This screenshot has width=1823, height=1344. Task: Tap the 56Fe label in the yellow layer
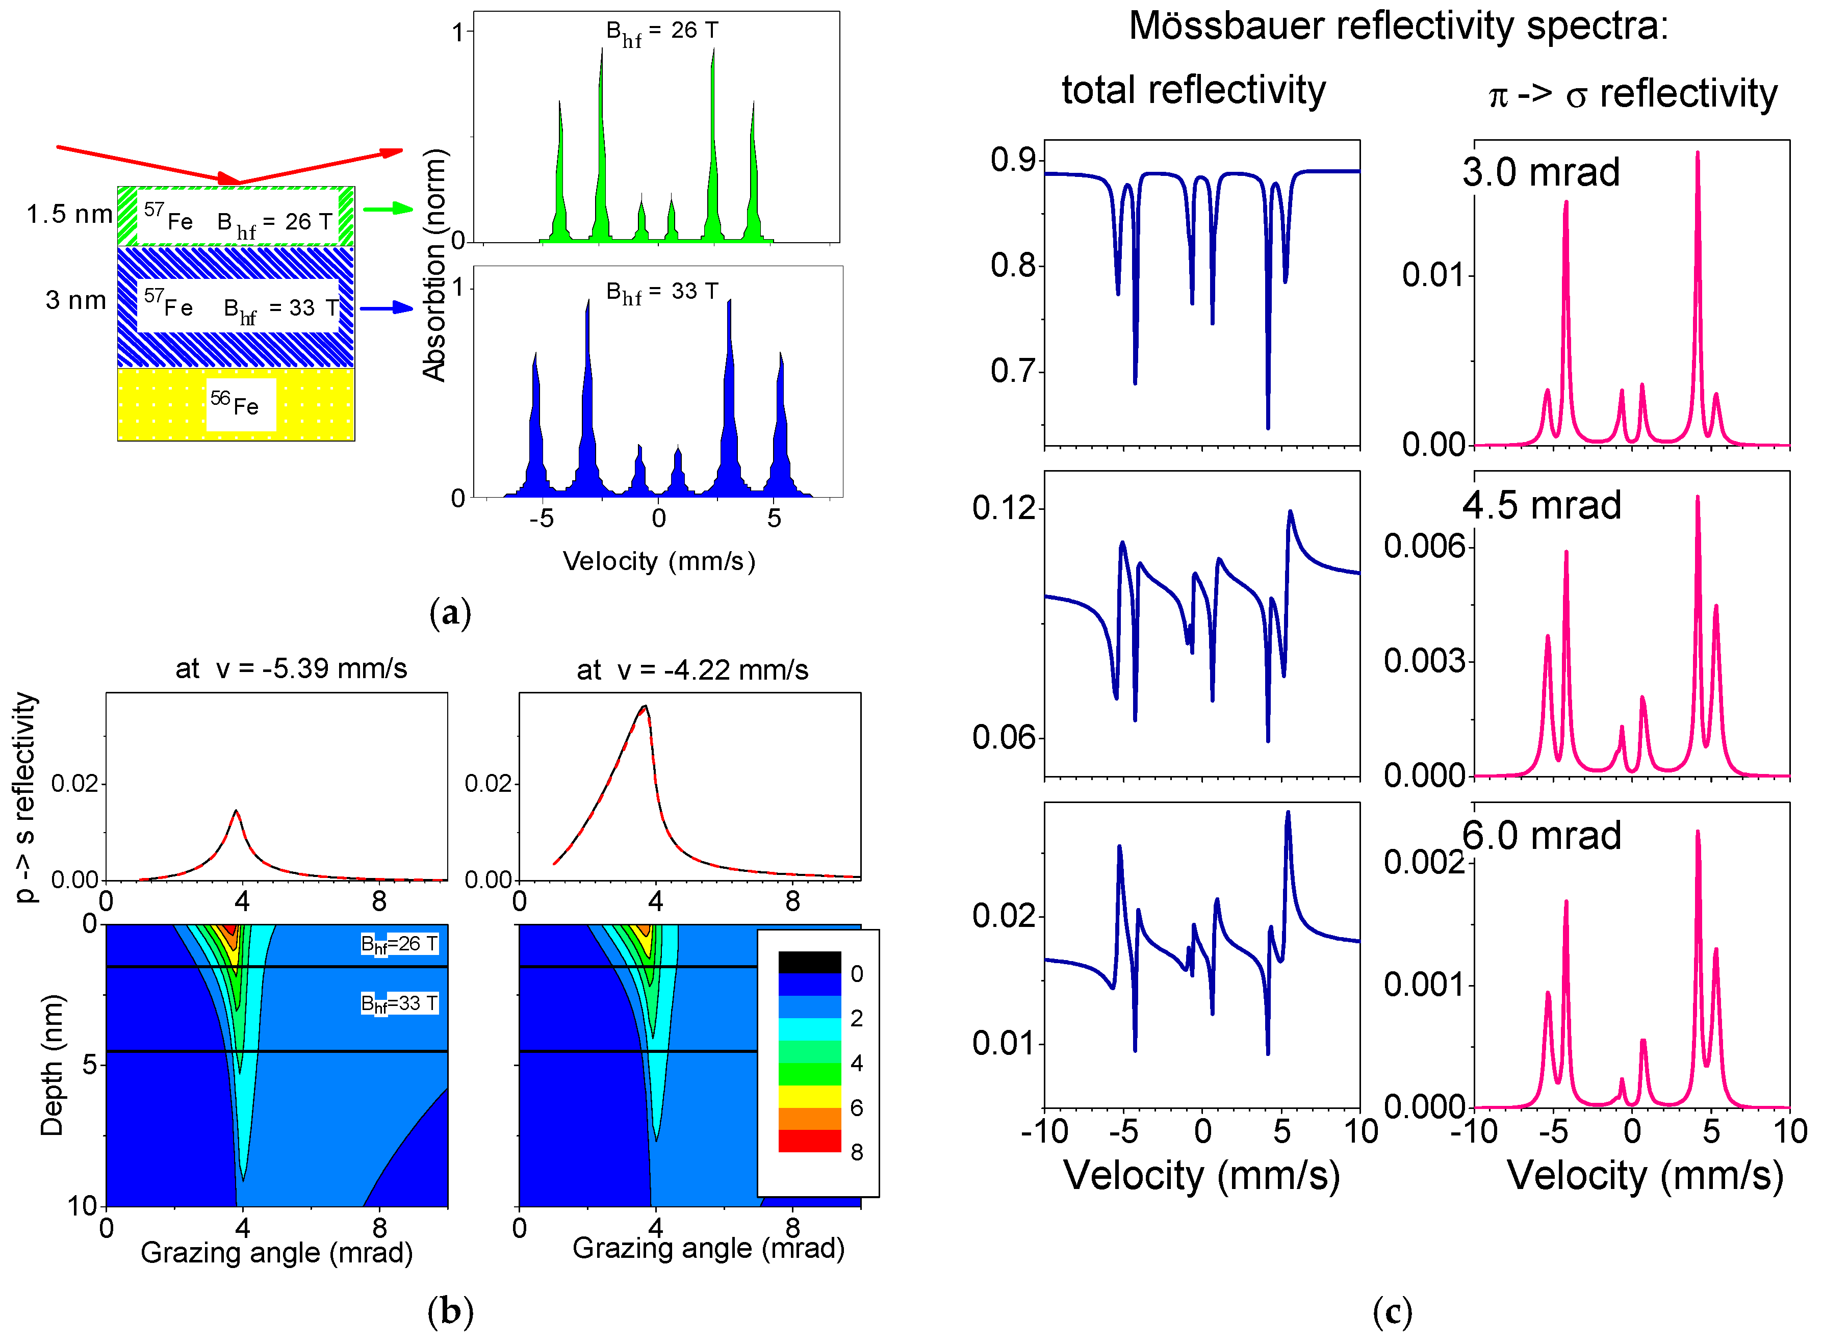[236, 403]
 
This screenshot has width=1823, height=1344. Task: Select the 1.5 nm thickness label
[69, 214]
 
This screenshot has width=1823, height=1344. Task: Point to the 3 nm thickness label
[75, 300]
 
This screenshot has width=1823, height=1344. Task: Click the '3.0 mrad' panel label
[1540, 172]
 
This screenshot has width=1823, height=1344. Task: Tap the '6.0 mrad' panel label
[1540, 836]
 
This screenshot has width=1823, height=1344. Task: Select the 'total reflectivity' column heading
[1193, 90]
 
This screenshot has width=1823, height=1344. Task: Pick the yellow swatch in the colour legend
[809, 1096]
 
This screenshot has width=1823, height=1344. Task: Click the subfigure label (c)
[1392, 1311]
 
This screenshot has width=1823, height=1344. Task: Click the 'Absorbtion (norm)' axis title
[435, 265]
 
